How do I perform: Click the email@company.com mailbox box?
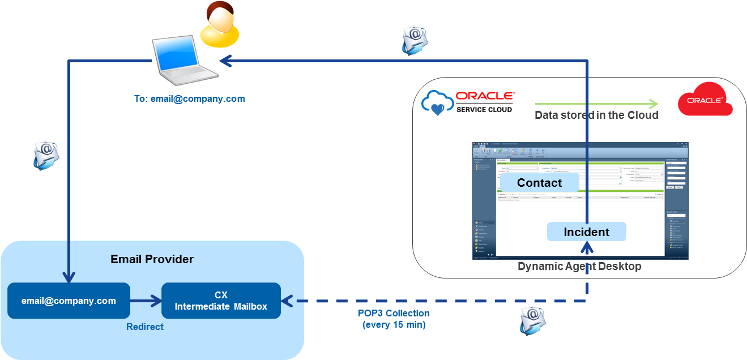(x=69, y=301)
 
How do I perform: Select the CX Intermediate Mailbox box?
(x=221, y=301)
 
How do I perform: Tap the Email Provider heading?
(x=152, y=259)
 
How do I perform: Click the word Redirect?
(x=145, y=327)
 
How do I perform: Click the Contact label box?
(x=539, y=183)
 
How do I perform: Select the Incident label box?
(x=586, y=232)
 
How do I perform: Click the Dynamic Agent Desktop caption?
(x=579, y=266)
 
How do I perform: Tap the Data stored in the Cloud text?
(x=596, y=115)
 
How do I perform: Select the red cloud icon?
(x=705, y=99)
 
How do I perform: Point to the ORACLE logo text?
(x=485, y=96)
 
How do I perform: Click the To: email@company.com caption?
(x=190, y=98)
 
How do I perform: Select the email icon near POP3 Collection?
(x=533, y=321)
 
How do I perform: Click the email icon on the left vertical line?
(x=46, y=155)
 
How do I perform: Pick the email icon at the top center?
(x=415, y=41)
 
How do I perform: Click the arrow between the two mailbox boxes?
(x=146, y=301)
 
